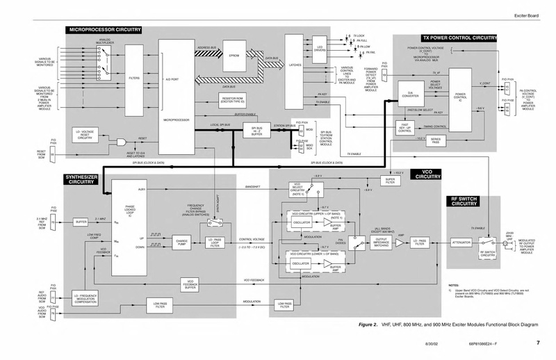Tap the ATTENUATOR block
coord(461,242)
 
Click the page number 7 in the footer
coord(537,343)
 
